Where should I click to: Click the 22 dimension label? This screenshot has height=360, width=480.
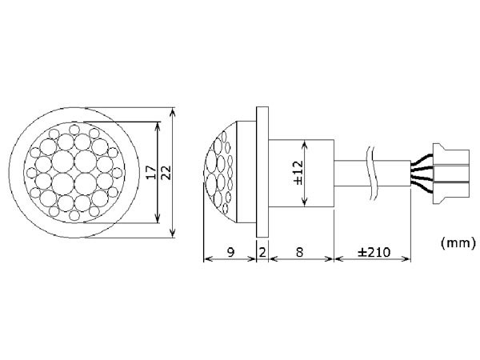click(x=166, y=173)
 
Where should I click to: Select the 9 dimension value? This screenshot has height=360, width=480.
click(x=230, y=251)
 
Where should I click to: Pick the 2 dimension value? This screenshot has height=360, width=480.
click(x=263, y=251)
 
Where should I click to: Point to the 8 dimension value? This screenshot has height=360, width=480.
click(x=299, y=251)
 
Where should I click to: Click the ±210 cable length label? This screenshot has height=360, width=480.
click(x=372, y=251)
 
